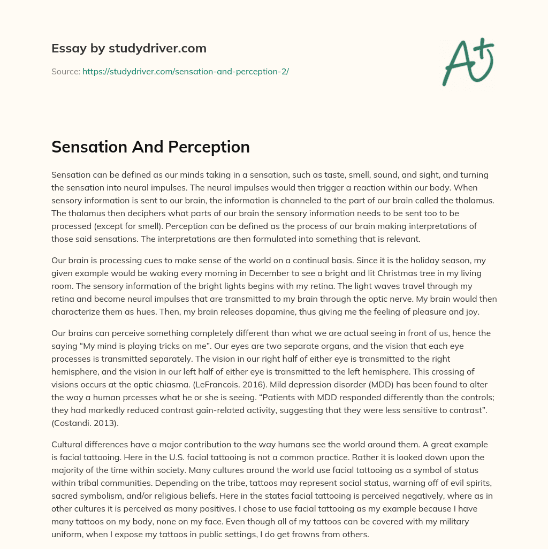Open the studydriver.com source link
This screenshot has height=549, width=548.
click(x=185, y=71)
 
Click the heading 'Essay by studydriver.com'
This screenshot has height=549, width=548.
click(x=128, y=48)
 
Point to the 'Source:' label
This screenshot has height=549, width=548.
click(x=65, y=71)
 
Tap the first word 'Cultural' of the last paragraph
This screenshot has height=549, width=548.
click(x=67, y=444)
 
